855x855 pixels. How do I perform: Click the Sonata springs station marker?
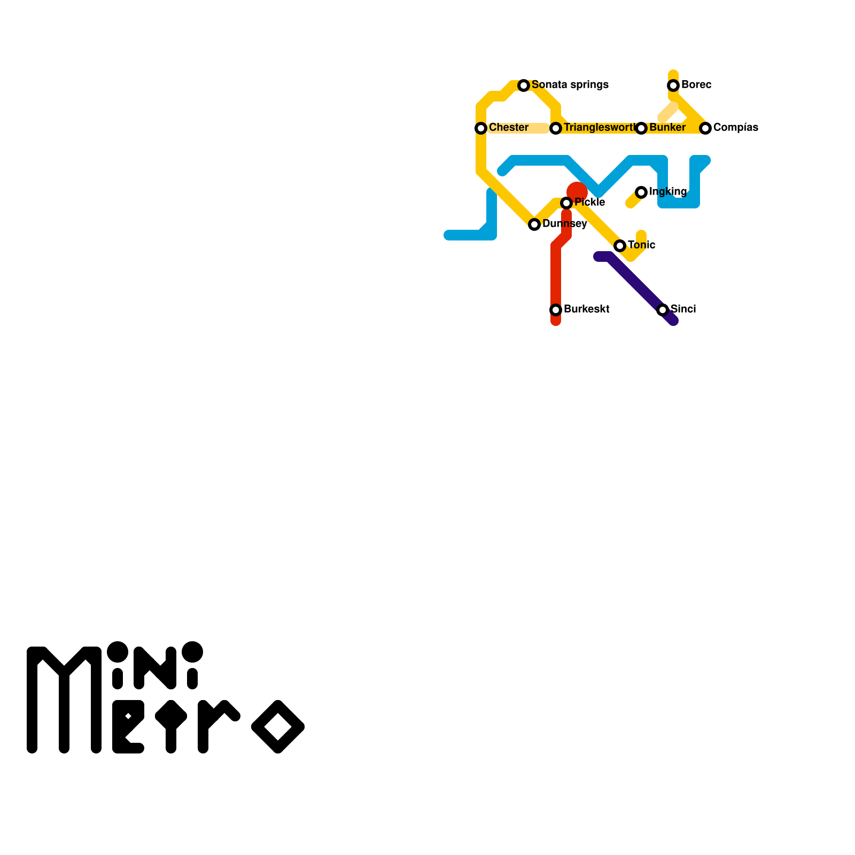[524, 85]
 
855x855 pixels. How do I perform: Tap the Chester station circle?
[481, 128]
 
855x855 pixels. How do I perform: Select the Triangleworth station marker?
[556, 128]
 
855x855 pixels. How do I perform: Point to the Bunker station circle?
[641, 128]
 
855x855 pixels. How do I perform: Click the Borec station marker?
[673, 85]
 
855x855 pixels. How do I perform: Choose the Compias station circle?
[705, 128]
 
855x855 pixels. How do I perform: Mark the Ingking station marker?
[641, 192]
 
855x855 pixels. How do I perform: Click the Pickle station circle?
[566, 203]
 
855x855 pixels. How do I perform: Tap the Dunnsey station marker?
[534, 224]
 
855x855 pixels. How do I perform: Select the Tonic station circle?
[620, 246]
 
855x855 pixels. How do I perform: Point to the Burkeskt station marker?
[556, 310]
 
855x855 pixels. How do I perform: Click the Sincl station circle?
[663, 310]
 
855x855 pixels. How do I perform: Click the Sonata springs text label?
[570, 85]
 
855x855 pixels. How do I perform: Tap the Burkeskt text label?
[586, 309]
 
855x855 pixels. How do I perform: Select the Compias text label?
[735, 128]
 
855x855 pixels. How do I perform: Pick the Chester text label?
[508, 128]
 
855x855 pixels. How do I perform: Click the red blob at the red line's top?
[577, 191]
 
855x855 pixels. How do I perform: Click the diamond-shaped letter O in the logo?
[278, 727]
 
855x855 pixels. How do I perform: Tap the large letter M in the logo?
[64, 700]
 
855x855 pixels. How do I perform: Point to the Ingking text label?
[667, 192]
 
